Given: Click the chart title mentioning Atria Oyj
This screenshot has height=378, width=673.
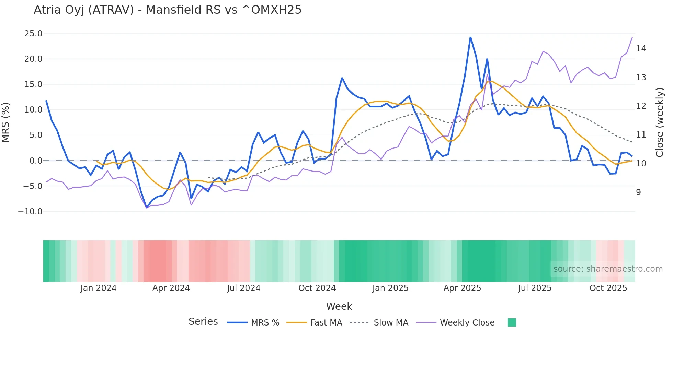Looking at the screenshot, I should click(168, 10).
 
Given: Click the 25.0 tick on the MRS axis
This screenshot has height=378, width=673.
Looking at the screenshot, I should click(33, 34).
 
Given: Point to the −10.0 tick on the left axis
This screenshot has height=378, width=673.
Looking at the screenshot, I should click(30, 212).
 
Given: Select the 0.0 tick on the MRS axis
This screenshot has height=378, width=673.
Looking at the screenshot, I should click(36, 161).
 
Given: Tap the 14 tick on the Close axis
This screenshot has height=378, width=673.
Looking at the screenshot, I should click(641, 49).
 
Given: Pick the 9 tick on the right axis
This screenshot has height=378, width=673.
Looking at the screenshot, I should click(638, 192).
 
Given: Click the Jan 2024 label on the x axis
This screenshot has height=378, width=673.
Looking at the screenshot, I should click(99, 288).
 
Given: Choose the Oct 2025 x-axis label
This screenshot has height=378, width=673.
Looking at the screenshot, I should click(608, 288).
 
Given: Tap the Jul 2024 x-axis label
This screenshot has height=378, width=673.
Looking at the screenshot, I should click(243, 288).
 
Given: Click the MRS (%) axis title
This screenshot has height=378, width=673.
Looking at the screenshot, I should click(6, 122).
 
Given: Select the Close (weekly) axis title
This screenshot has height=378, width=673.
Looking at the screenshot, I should click(660, 122).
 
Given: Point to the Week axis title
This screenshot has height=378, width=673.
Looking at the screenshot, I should click(339, 306).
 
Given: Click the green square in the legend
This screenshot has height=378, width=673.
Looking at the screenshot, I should click(512, 322).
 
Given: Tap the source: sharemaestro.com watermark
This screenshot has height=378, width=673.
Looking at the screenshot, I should click(608, 269).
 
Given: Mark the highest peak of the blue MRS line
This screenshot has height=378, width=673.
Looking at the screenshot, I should click(470, 37).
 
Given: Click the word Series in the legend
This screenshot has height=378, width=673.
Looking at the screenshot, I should click(203, 322).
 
